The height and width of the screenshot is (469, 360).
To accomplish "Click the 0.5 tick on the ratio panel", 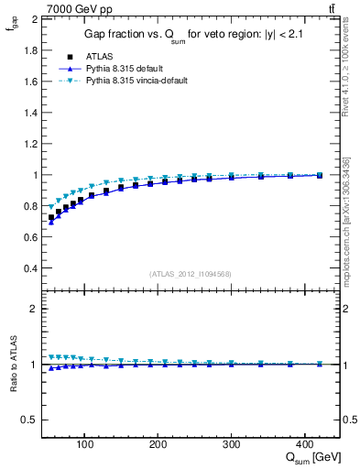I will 30,420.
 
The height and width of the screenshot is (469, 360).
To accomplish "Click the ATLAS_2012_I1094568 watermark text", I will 191,274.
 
